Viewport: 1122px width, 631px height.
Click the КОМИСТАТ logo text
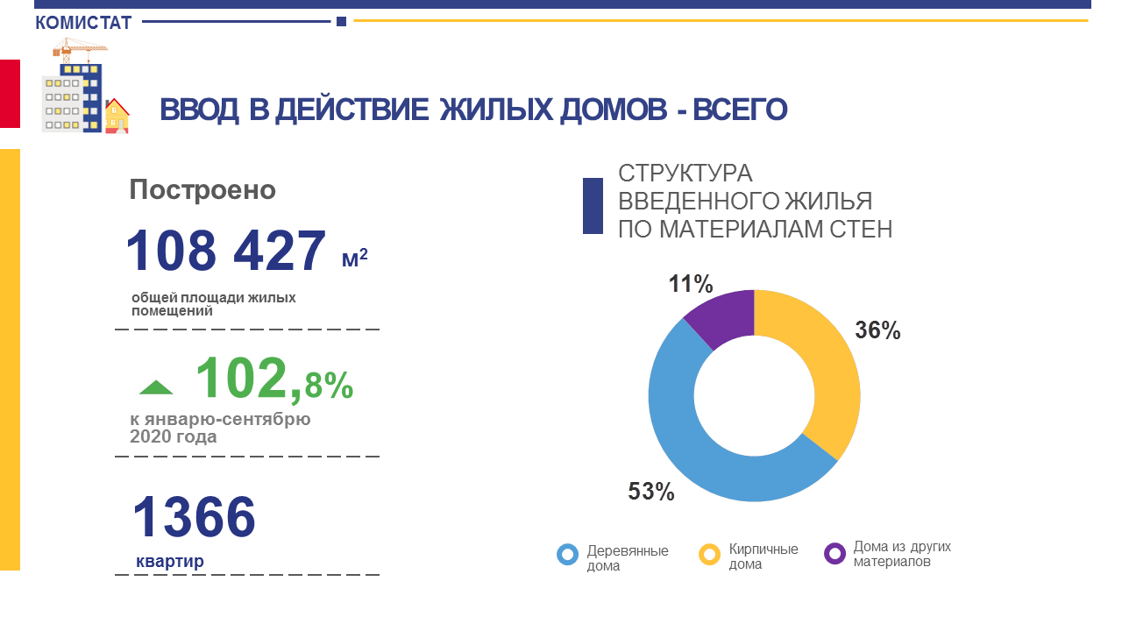point(83,23)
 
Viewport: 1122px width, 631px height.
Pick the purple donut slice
point(723,315)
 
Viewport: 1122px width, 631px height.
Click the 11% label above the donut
point(691,284)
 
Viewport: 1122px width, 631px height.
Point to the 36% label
point(877,330)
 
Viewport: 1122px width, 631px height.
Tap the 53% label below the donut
point(651,492)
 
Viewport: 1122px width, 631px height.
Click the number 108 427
point(226,252)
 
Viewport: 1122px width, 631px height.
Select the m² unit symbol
point(354,259)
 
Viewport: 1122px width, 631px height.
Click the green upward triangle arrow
point(156,387)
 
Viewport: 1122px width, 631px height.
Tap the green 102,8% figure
point(273,379)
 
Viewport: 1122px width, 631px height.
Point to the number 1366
point(194,516)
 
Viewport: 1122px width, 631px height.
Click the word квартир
point(170,561)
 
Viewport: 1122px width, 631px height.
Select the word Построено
point(202,190)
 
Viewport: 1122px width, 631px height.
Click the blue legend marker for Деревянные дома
point(567,554)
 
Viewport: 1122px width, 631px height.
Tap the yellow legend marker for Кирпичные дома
point(709,554)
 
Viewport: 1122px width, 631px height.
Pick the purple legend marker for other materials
point(834,554)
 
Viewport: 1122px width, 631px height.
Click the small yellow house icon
point(117,117)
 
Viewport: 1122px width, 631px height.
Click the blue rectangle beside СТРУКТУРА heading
point(593,206)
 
